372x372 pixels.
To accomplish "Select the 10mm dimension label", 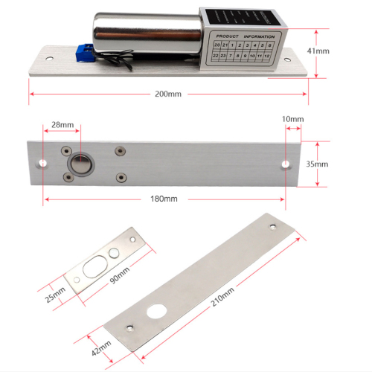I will click(293, 119).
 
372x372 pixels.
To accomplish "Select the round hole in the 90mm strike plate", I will click(113, 252).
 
